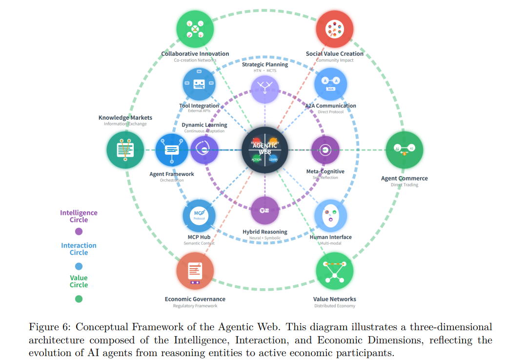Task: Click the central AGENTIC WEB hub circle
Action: (x=265, y=149)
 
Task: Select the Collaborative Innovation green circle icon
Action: (x=195, y=29)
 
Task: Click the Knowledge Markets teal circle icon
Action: (x=125, y=149)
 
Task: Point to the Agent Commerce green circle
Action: (x=404, y=149)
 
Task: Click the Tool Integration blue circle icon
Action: (x=199, y=84)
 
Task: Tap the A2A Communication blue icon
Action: (x=330, y=84)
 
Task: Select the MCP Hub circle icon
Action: (x=199, y=215)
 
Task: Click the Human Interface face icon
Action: (x=330, y=215)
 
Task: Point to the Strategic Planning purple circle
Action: (x=265, y=89)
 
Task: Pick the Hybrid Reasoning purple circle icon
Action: (x=265, y=211)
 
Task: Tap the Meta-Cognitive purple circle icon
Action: (x=325, y=149)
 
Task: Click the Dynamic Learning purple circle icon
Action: (x=204, y=149)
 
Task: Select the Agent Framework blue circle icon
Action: (x=172, y=149)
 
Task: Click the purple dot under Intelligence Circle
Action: (x=79, y=232)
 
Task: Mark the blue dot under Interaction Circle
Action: (x=79, y=266)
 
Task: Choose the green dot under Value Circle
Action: (x=79, y=299)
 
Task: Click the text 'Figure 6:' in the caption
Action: (x=50, y=327)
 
